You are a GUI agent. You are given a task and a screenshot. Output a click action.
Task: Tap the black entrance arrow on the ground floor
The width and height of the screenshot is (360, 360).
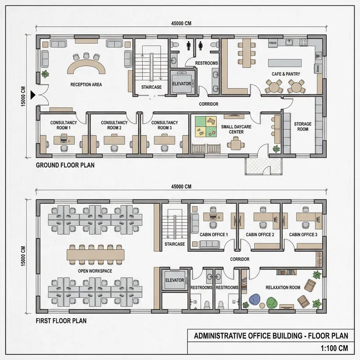click(x=32, y=94)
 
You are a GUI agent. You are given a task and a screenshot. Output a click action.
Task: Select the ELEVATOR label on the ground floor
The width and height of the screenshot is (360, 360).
click(x=182, y=84)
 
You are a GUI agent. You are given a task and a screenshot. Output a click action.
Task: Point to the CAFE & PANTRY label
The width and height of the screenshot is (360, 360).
click(x=286, y=74)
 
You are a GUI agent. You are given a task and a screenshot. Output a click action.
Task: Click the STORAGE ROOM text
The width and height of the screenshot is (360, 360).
click(x=303, y=126)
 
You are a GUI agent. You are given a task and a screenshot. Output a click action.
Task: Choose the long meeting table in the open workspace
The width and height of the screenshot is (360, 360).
click(x=95, y=254)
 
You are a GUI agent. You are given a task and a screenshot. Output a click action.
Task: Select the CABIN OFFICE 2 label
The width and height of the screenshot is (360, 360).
click(x=260, y=235)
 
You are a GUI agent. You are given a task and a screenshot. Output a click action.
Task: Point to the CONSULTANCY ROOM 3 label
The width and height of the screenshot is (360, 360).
click(x=164, y=125)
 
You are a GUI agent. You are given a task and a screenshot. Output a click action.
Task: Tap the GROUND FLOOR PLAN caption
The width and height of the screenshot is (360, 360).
click(x=65, y=165)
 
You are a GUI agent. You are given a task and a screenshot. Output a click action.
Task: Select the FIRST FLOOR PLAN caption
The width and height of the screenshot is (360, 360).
click(x=61, y=321)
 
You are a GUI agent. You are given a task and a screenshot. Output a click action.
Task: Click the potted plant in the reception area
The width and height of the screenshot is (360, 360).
click(x=45, y=75)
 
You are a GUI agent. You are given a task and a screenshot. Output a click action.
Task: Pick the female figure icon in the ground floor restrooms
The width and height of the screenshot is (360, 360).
click(x=201, y=45)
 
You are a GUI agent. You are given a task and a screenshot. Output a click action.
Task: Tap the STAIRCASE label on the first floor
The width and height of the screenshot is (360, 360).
click(x=175, y=244)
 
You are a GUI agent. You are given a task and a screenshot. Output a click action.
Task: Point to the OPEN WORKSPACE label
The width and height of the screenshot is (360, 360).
click(x=95, y=271)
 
